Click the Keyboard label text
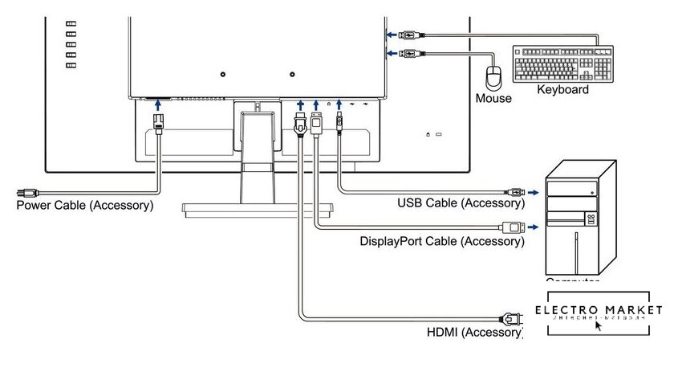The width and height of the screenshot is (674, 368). pos(562,90)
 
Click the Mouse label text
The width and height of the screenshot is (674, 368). pos(493,99)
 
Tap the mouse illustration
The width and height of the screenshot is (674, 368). pos(493,77)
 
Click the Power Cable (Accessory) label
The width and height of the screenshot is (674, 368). pos(85,206)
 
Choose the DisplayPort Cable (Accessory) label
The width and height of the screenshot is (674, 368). pos(441,240)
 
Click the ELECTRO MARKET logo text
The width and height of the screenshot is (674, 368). pos(599,310)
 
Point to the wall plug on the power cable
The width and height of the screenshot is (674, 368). pos(26,193)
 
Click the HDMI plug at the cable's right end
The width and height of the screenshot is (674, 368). pos(507,317)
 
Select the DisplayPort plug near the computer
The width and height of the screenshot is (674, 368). pos(511,226)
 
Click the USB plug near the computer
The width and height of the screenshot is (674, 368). pos(513,193)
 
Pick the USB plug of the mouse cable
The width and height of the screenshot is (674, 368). pos(408,54)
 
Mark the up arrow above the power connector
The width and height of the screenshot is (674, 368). pos(158,104)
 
